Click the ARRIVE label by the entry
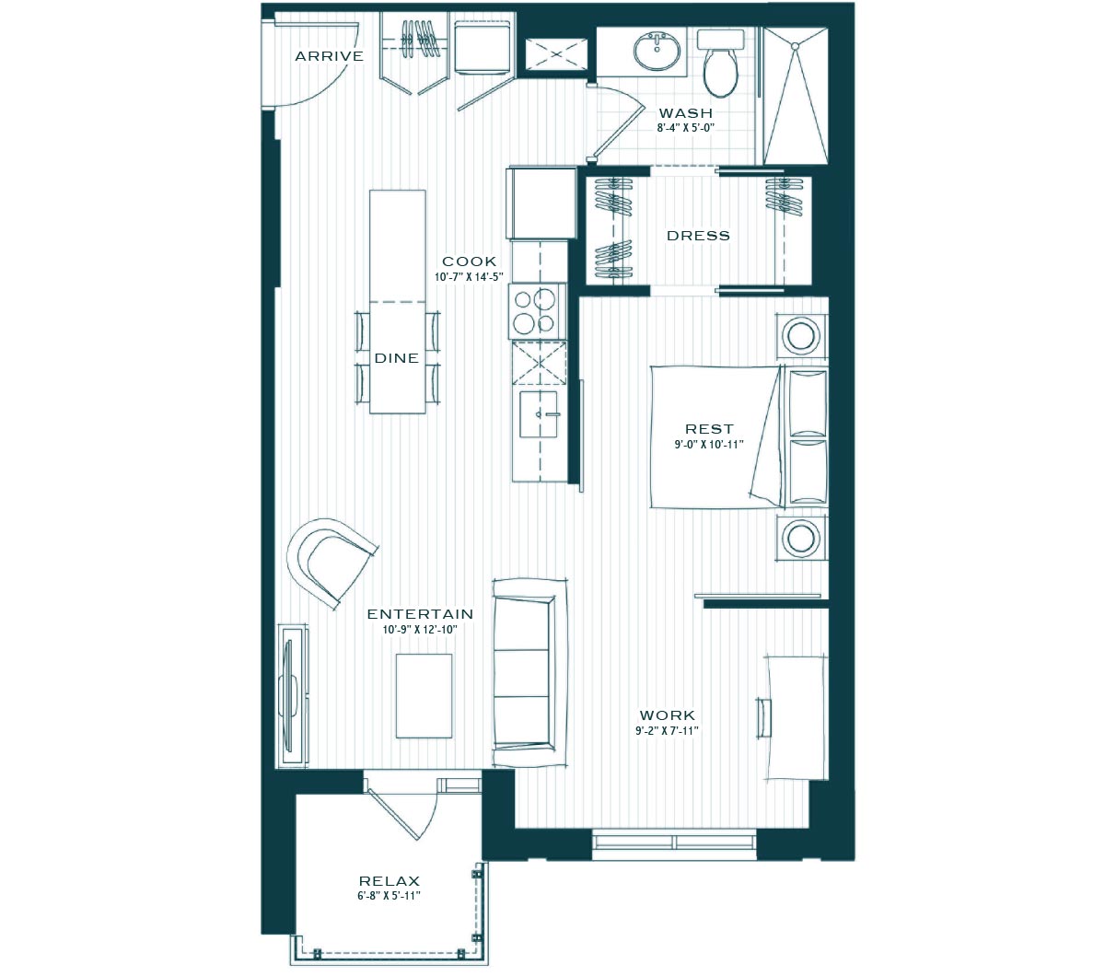[x=329, y=56]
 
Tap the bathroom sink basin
[x=657, y=52]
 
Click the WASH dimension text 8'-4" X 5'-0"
[x=686, y=128]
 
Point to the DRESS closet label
[x=698, y=236]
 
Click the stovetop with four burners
[x=537, y=311]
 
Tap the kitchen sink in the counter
[x=539, y=414]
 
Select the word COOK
[x=469, y=261]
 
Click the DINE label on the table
[x=397, y=358]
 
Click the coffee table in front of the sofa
[x=424, y=696]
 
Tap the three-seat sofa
[x=529, y=673]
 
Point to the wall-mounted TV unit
[x=293, y=695]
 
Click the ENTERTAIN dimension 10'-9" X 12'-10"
[x=419, y=630]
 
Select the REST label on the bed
[x=709, y=429]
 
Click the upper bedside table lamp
[x=801, y=335]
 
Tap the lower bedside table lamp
[x=801, y=538]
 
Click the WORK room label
[x=667, y=715]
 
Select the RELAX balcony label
[x=390, y=881]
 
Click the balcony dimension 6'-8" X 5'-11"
[x=389, y=896]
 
